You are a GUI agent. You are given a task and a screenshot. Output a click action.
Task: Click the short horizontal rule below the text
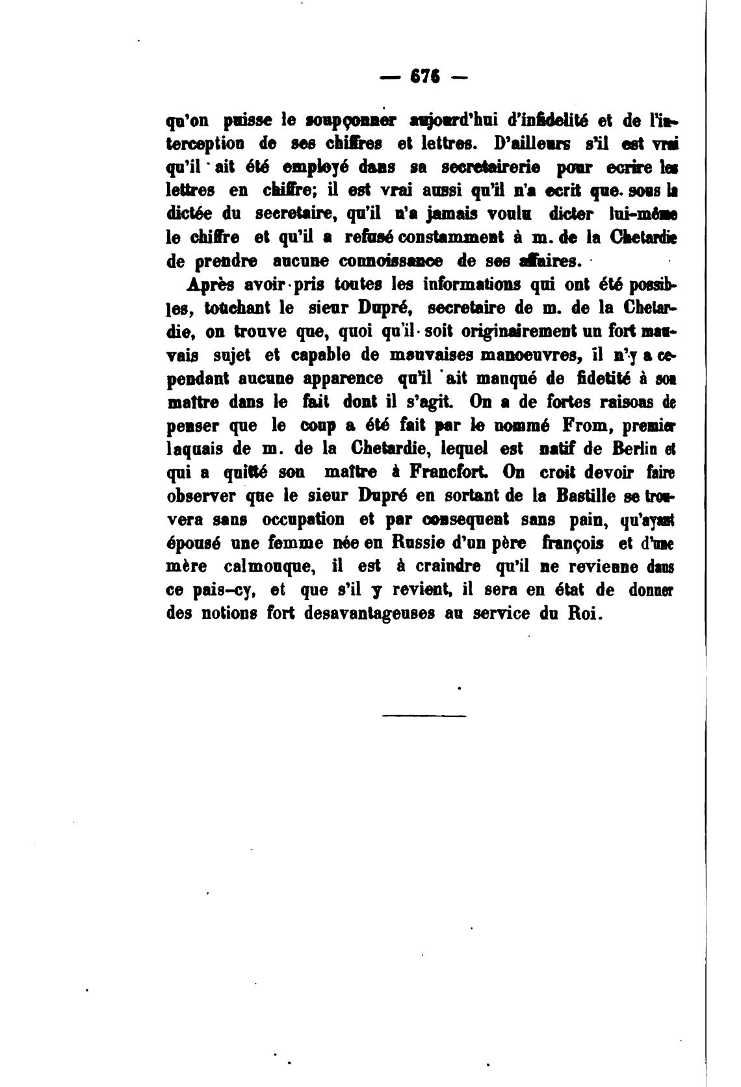pos(424,716)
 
